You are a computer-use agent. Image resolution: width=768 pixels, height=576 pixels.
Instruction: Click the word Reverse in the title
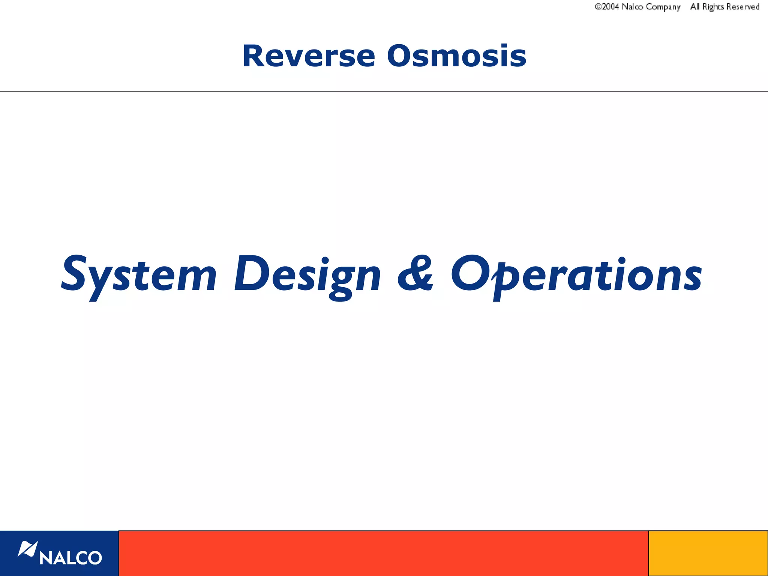pos(309,56)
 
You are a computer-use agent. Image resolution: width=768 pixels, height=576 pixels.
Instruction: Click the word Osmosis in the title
pos(456,56)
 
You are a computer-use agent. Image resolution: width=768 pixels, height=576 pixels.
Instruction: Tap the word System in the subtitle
pos(139,276)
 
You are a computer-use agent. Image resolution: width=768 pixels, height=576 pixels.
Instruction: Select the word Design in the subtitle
pos(307,276)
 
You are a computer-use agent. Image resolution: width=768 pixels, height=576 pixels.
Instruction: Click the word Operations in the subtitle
pos(576,276)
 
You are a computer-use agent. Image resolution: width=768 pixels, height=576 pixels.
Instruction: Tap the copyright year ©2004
pos(606,7)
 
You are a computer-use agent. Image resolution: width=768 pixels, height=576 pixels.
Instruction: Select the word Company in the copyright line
pos(663,7)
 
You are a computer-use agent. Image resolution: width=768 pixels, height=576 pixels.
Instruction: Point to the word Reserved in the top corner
pos(743,7)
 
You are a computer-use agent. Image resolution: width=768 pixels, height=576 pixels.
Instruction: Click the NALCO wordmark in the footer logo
pos(70,558)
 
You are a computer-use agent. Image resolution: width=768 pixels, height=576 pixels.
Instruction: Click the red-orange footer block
pos(383,553)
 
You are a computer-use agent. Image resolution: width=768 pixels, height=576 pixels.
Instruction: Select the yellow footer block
pos(708,553)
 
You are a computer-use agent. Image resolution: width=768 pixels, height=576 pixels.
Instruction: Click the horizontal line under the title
pos(384,91)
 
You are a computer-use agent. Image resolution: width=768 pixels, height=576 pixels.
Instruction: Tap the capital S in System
pos(74,273)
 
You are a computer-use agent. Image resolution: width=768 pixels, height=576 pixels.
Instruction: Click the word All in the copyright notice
pos(695,7)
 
